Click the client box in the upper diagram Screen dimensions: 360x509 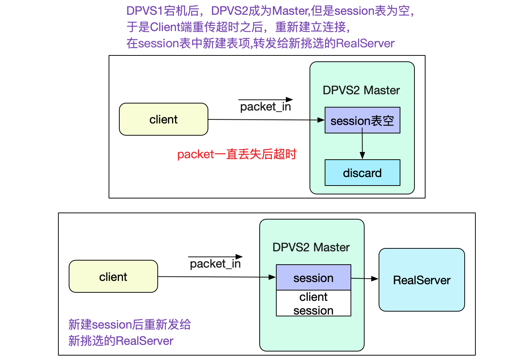click(x=164, y=119)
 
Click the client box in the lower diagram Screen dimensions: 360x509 click(x=113, y=276)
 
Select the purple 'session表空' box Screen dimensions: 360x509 click(x=362, y=120)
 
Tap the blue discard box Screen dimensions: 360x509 click(x=362, y=173)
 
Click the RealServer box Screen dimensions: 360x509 click(x=421, y=280)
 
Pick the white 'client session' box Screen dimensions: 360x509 click(x=314, y=303)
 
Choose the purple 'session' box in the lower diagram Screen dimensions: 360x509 click(x=314, y=278)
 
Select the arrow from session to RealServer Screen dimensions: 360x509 click(x=365, y=278)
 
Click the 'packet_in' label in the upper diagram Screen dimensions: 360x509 click(x=266, y=107)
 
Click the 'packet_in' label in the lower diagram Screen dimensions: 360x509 click(x=215, y=264)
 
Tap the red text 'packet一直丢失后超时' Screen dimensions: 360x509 click(x=237, y=154)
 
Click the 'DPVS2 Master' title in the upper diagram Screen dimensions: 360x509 click(x=361, y=90)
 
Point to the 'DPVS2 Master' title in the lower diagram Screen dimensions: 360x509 click(x=311, y=247)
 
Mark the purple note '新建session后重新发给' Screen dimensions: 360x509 click(x=130, y=325)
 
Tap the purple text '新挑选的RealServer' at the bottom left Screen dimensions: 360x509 click(x=121, y=341)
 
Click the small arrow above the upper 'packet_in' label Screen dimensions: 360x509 click(x=266, y=99)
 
